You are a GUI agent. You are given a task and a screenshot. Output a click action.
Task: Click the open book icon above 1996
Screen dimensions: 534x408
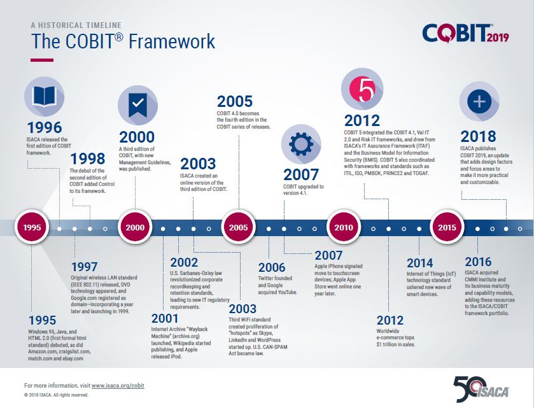(x=44, y=95)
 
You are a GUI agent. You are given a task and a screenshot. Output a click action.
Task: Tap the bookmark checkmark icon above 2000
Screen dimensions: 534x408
(x=137, y=104)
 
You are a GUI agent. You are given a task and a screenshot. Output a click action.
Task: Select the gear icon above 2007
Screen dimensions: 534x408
(x=301, y=144)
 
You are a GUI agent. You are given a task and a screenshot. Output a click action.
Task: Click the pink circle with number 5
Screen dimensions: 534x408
(x=362, y=89)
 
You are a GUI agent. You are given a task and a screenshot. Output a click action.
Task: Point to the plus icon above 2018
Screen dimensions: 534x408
(x=479, y=101)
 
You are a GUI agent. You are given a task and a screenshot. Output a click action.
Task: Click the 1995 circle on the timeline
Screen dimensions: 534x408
(x=32, y=227)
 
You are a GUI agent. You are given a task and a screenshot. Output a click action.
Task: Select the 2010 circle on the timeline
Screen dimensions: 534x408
(x=343, y=227)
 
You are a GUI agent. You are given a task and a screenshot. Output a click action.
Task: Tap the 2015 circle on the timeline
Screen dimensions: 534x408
(x=447, y=227)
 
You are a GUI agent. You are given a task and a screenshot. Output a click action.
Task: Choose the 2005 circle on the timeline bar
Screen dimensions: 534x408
(x=239, y=227)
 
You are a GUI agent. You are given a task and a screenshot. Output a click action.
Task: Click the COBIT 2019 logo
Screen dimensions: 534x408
(x=465, y=33)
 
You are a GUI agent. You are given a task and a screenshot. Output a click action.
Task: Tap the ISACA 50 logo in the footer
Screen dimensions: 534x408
(x=481, y=389)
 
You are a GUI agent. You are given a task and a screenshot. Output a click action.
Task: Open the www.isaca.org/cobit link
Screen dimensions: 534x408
(x=118, y=386)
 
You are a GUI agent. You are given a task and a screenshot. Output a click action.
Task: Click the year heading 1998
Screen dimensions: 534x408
(x=88, y=158)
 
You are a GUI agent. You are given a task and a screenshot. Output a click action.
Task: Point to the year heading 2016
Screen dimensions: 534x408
(x=478, y=262)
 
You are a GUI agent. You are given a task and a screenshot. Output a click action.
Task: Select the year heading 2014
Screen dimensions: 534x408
(x=420, y=263)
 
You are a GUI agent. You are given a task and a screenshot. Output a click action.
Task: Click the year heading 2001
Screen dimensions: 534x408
(x=165, y=318)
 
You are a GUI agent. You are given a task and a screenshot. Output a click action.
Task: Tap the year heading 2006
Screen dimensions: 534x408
(x=271, y=267)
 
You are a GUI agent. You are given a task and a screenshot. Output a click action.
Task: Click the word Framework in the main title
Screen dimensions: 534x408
(x=172, y=41)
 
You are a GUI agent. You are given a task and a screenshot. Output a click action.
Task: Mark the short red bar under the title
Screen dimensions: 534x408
(x=42, y=60)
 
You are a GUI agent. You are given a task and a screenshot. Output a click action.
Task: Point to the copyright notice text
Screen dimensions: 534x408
(x=56, y=395)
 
